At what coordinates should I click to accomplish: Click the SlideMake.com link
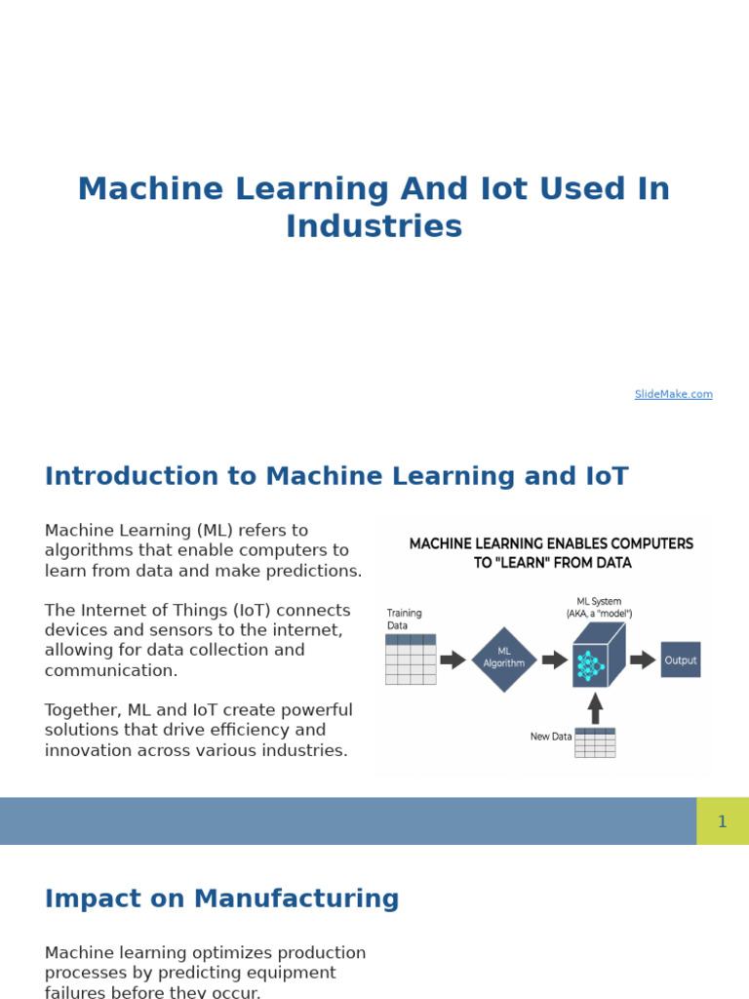point(673,394)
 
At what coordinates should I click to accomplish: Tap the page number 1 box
point(722,821)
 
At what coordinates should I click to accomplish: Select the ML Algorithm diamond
point(504,659)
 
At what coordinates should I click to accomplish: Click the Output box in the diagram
point(681,659)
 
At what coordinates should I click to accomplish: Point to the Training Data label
point(404,619)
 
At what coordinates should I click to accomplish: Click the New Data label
point(551,737)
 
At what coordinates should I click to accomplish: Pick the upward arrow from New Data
point(595,707)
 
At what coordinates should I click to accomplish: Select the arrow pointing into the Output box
point(643,659)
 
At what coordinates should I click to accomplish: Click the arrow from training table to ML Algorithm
point(453,659)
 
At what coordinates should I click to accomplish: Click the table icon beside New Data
point(595,742)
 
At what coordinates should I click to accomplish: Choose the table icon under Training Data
point(411,659)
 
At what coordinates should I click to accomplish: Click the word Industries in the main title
point(374,226)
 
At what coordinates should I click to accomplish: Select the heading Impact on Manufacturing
point(222,899)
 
